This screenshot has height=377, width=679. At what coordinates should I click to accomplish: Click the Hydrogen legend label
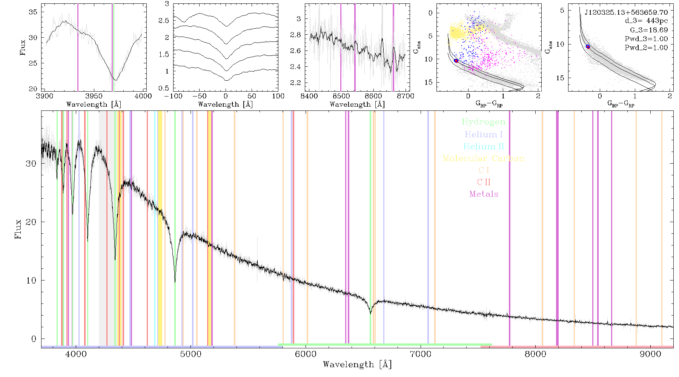click(x=483, y=122)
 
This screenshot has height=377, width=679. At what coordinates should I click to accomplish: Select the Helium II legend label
click(x=484, y=146)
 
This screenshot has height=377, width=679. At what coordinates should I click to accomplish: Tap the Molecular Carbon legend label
click(x=484, y=158)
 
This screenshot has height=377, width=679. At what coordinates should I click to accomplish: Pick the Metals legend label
click(x=484, y=194)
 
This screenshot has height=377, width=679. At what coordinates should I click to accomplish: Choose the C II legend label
click(x=484, y=182)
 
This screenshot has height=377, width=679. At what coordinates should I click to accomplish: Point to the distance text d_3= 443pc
click(x=646, y=21)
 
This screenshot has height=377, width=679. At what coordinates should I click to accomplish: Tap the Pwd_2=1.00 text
click(x=646, y=48)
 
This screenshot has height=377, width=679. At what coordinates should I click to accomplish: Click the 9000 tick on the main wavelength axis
click(x=650, y=354)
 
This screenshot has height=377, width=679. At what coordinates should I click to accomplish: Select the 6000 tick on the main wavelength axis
click(x=306, y=354)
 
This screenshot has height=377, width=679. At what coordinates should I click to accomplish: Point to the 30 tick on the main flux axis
click(x=31, y=164)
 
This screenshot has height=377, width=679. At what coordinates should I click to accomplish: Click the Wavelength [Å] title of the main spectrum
click(x=357, y=365)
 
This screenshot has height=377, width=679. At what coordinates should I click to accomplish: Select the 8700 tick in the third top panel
click(x=406, y=96)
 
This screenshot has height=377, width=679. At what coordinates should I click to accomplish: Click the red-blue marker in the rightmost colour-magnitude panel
click(x=588, y=47)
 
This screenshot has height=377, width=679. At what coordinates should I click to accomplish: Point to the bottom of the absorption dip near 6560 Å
click(x=370, y=314)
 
